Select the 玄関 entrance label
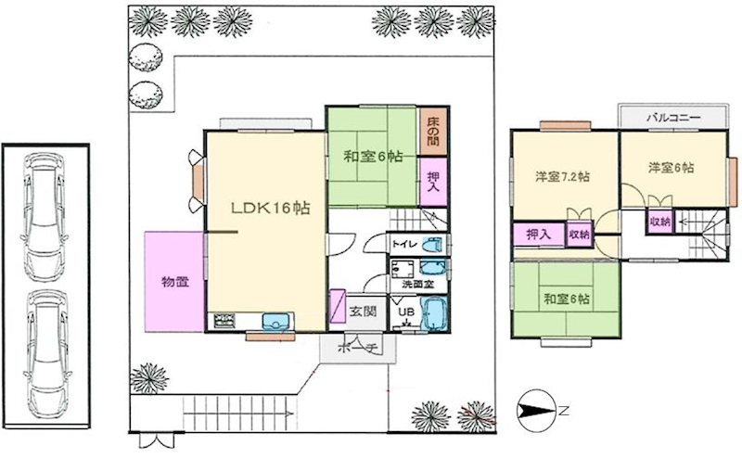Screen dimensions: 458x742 click(x=363, y=312)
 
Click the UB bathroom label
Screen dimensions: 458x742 click(x=406, y=312)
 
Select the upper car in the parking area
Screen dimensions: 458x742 click(x=45, y=211)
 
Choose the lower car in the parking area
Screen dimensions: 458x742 click(x=45, y=349)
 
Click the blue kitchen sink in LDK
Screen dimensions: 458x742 click(x=276, y=322)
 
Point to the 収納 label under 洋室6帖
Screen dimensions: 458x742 click(x=659, y=223)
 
